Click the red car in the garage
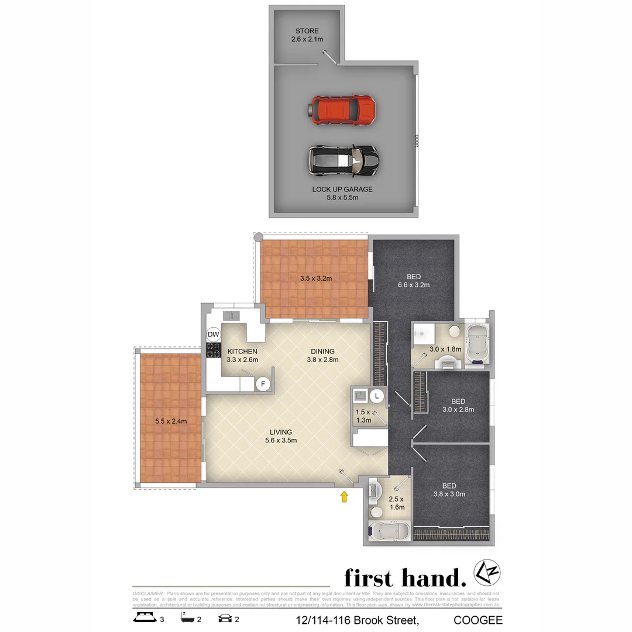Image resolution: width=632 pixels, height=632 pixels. pyautogui.click(x=342, y=109)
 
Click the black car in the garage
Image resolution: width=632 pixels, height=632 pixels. pyautogui.click(x=344, y=160)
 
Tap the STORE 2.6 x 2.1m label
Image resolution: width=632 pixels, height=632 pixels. pyautogui.click(x=307, y=35)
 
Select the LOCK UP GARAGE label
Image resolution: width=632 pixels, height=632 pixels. pyautogui.click(x=342, y=193)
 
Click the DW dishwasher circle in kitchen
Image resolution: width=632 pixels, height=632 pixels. pyautogui.click(x=214, y=334)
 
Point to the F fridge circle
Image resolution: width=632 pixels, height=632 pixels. pyautogui.click(x=263, y=384)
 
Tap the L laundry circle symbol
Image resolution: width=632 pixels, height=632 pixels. pyautogui.click(x=377, y=396)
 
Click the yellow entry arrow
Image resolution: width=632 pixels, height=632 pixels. pyautogui.click(x=345, y=497)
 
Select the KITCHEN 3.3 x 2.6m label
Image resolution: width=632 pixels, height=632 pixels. pyautogui.click(x=242, y=355)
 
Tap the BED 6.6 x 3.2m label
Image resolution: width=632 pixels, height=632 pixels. pyautogui.click(x=414, y=281)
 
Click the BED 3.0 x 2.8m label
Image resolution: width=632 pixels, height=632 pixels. pyautogui.click(x=458, y=406)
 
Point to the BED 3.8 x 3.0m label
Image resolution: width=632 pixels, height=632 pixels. pyautogui.click(x=449, y=490)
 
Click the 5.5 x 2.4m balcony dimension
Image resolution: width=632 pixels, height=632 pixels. pyautogui.click(x=171, y=421)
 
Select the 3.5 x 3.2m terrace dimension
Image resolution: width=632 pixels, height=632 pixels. pyautogui.click(x=315, y=278)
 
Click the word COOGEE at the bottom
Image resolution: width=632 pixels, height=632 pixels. pyautogui.click(x=478, y=620)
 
